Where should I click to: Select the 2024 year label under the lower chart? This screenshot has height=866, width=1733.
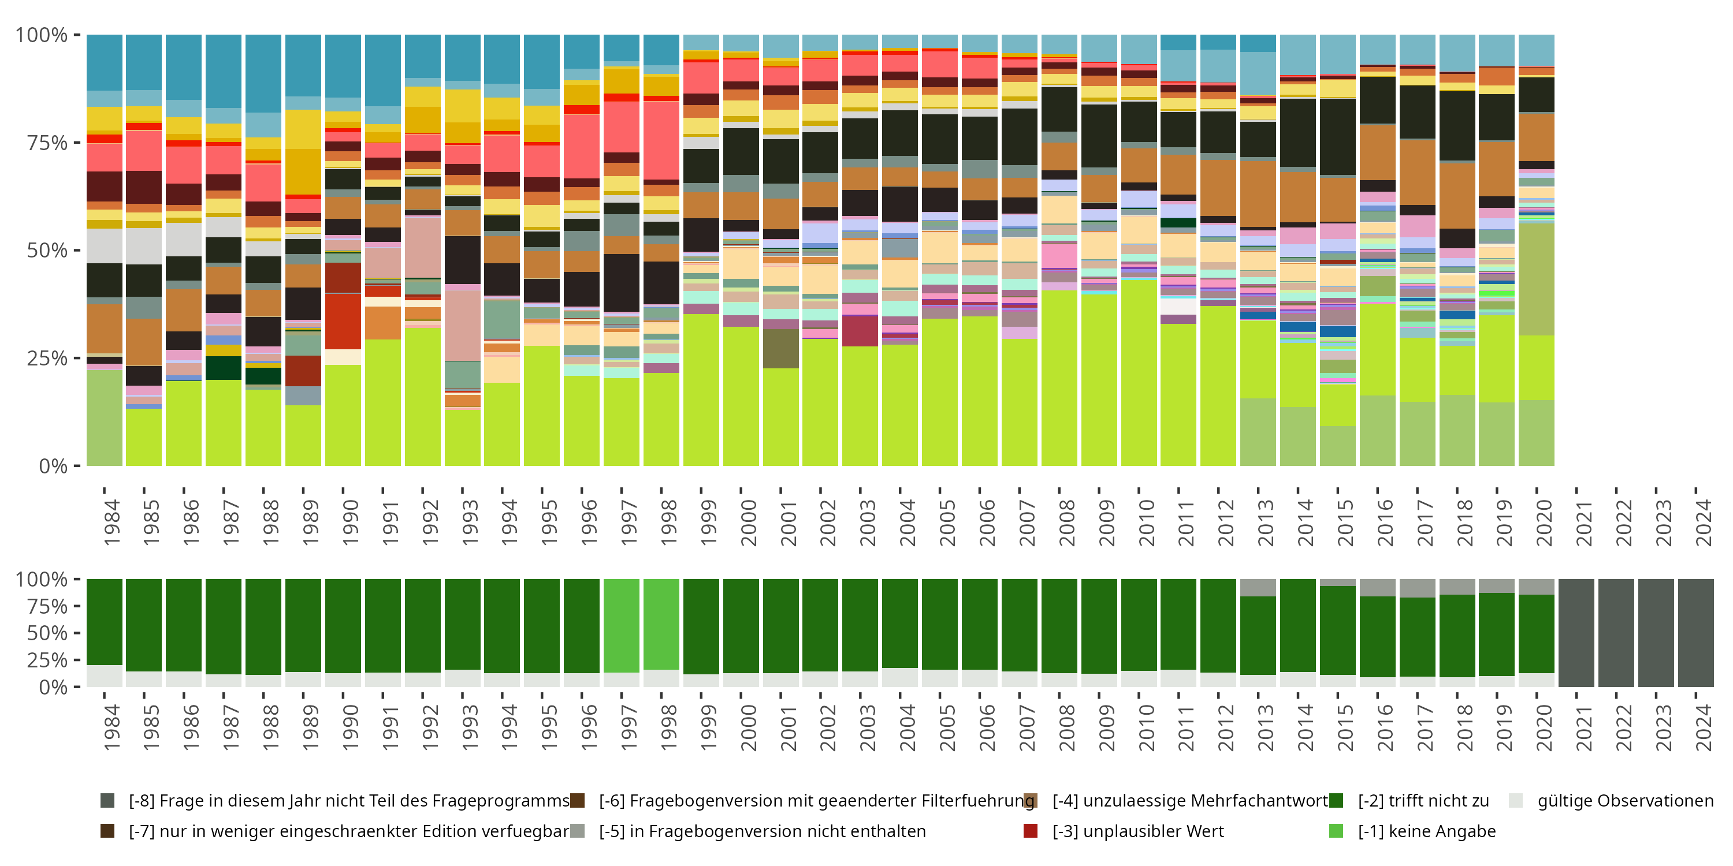(x=1703, y=727)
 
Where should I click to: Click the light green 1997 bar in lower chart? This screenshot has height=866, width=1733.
(x=621, y=625)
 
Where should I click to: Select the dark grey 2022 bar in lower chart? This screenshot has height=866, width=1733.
(x=1616, y=632)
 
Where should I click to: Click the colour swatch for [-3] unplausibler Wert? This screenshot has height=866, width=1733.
(x=1030, y=831)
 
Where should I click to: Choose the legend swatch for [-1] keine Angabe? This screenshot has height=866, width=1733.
(x=1336, y=831)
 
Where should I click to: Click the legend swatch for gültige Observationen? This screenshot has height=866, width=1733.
(x=1515, y=801)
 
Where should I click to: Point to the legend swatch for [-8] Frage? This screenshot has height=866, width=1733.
(x=107, y=801)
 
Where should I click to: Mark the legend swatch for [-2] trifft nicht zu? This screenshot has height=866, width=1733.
(x=1336, y=801)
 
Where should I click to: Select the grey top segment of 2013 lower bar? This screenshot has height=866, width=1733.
(x=1258, y=588)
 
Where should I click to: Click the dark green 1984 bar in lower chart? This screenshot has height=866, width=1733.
(x=105, y=622)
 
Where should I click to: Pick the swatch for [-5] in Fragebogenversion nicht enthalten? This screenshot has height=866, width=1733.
(x=577, y=831)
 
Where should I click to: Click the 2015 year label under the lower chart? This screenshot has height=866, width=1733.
(x=1344, y=727)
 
